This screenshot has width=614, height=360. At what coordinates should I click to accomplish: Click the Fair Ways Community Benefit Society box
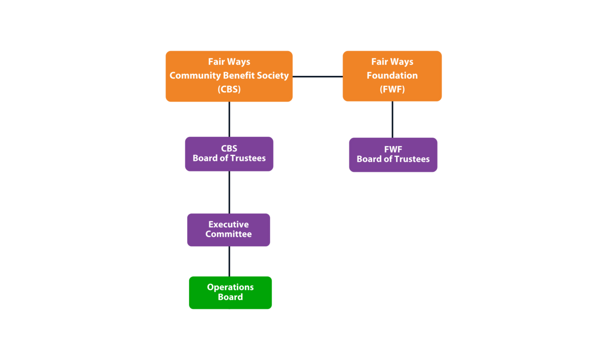(229, 76)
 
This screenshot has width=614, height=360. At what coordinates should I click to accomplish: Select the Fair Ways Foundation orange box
(392, 76)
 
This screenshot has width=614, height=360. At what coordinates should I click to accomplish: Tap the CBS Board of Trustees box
(229, 154)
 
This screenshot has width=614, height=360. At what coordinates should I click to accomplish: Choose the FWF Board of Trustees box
(393, 155)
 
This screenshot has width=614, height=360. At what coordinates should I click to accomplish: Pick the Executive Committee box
(229, 230)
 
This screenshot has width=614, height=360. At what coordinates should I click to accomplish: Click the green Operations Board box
(230, 292)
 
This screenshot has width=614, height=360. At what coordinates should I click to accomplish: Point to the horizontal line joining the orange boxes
(317, 76)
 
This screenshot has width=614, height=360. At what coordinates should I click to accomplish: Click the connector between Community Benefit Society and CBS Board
(229, 119)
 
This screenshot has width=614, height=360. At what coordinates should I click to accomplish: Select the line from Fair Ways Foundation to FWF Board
(392, 119)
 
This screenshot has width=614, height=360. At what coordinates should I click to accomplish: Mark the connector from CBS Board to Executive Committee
(229, 192)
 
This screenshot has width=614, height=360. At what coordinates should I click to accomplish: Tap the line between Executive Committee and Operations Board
(229, 261)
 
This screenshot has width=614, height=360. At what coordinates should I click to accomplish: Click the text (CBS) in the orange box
(229, 89)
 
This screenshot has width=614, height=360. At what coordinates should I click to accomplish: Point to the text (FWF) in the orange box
(392, 89)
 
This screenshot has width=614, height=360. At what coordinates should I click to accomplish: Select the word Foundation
(392, 75)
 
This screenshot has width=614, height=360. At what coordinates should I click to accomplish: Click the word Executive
(228, 225)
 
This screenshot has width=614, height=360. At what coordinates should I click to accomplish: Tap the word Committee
(228, 234)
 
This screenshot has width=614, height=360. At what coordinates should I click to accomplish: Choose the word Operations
(230, 287)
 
